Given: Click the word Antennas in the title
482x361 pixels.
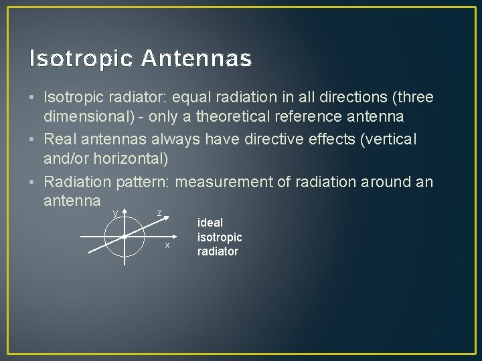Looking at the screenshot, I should coord(197,59).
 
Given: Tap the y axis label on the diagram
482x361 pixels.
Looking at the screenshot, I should coord(115,213).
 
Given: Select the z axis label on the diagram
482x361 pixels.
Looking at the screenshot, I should coord(159,213).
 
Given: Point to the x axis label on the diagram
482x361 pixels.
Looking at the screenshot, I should coord(167,245).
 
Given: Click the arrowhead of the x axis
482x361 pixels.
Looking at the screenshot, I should coord(175,236).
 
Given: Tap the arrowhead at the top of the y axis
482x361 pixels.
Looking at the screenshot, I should coord(125,211).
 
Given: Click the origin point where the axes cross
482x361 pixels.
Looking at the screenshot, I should coord(125,236).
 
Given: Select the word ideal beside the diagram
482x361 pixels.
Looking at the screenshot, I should coord(210,223).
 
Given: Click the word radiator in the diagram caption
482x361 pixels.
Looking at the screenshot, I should coord(218,251).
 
